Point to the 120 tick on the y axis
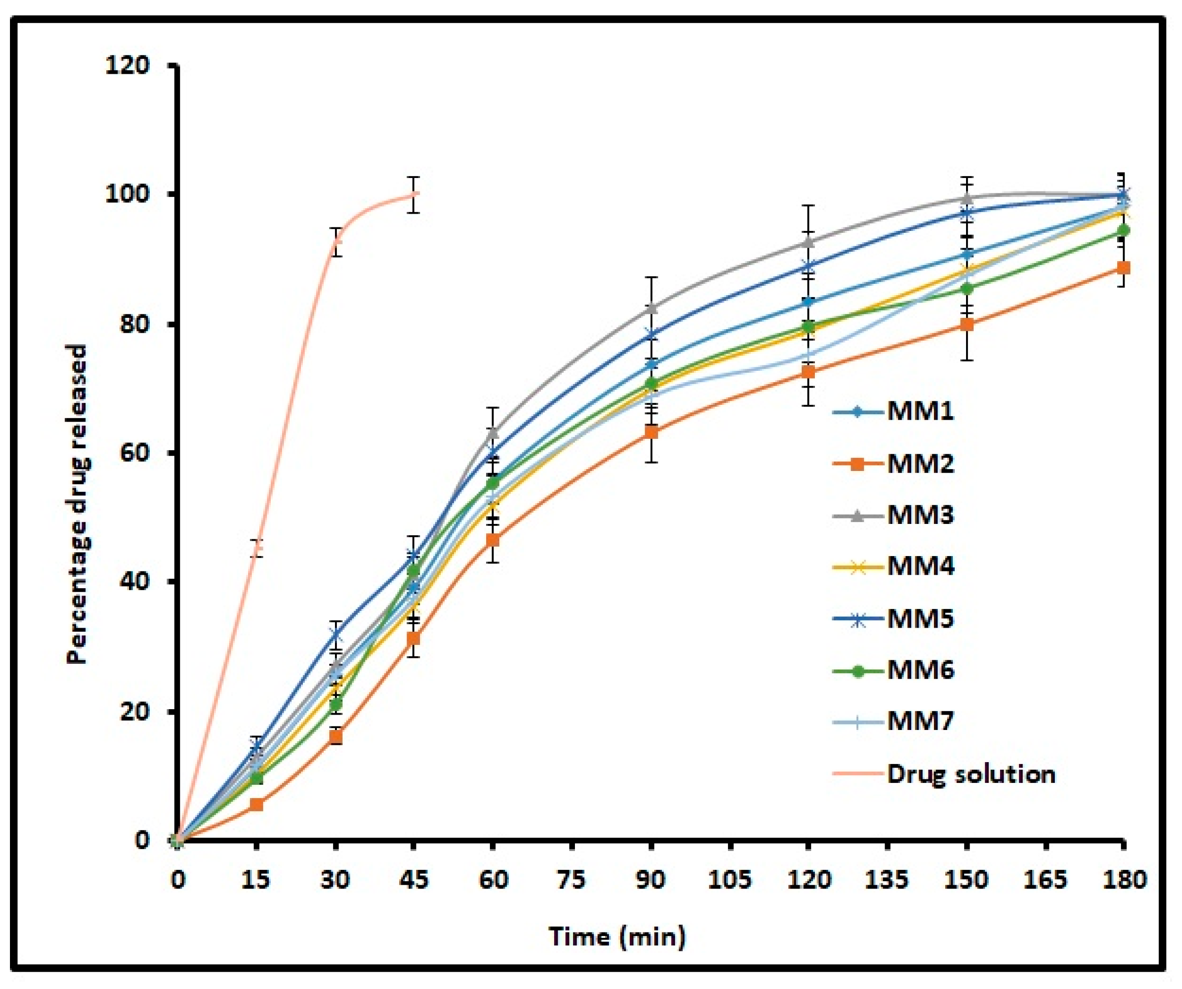tap(128, 65)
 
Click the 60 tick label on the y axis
tap(135, 453)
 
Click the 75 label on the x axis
tap(572, 879)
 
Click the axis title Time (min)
tap(617, 936)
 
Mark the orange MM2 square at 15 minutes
tap(256, 805)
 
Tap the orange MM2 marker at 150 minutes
tap(967, 325)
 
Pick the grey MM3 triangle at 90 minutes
tap(651, 308)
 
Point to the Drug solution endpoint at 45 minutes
tap(414, 194)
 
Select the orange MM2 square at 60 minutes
tap(493, 540)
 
